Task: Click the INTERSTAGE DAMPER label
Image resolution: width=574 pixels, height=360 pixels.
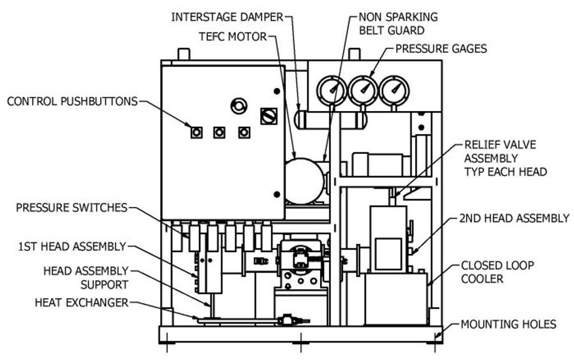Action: pyautogui.click(x=227, y=15)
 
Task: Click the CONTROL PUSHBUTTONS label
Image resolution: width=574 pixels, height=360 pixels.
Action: pyautogui.click(x=71, y=100)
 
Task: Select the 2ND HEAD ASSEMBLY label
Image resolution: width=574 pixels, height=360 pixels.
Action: pyautogui.click(x=513, y=218)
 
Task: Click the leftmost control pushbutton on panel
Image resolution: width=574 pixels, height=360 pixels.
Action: pyautogui.click(x=196, y=132)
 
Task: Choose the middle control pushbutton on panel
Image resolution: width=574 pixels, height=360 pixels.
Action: pyautogui.click(x=220, y=132)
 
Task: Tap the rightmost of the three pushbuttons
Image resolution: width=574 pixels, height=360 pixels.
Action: pyautogui.click(x=243, y=132)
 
